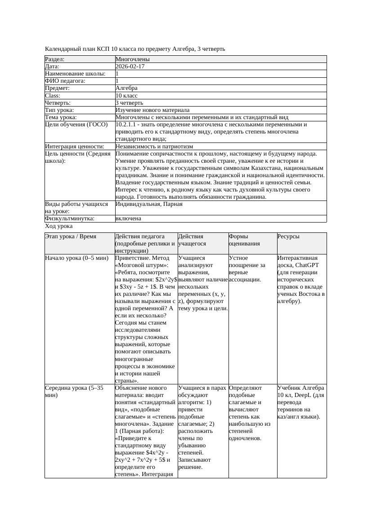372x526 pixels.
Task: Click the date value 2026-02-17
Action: [130, 67]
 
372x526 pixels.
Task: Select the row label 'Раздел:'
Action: [55, 59]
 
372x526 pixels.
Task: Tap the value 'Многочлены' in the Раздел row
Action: [133, 59]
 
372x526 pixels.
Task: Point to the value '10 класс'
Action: [126, 96]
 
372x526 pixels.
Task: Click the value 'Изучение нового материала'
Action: [152, 110]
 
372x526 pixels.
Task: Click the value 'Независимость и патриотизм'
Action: [154, 147]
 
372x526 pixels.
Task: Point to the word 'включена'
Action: [128, 218]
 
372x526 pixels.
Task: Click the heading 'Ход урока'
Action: [59, 227]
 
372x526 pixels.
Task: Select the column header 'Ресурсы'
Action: [288, 236]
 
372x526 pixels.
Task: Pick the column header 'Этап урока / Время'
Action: [71, 236]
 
